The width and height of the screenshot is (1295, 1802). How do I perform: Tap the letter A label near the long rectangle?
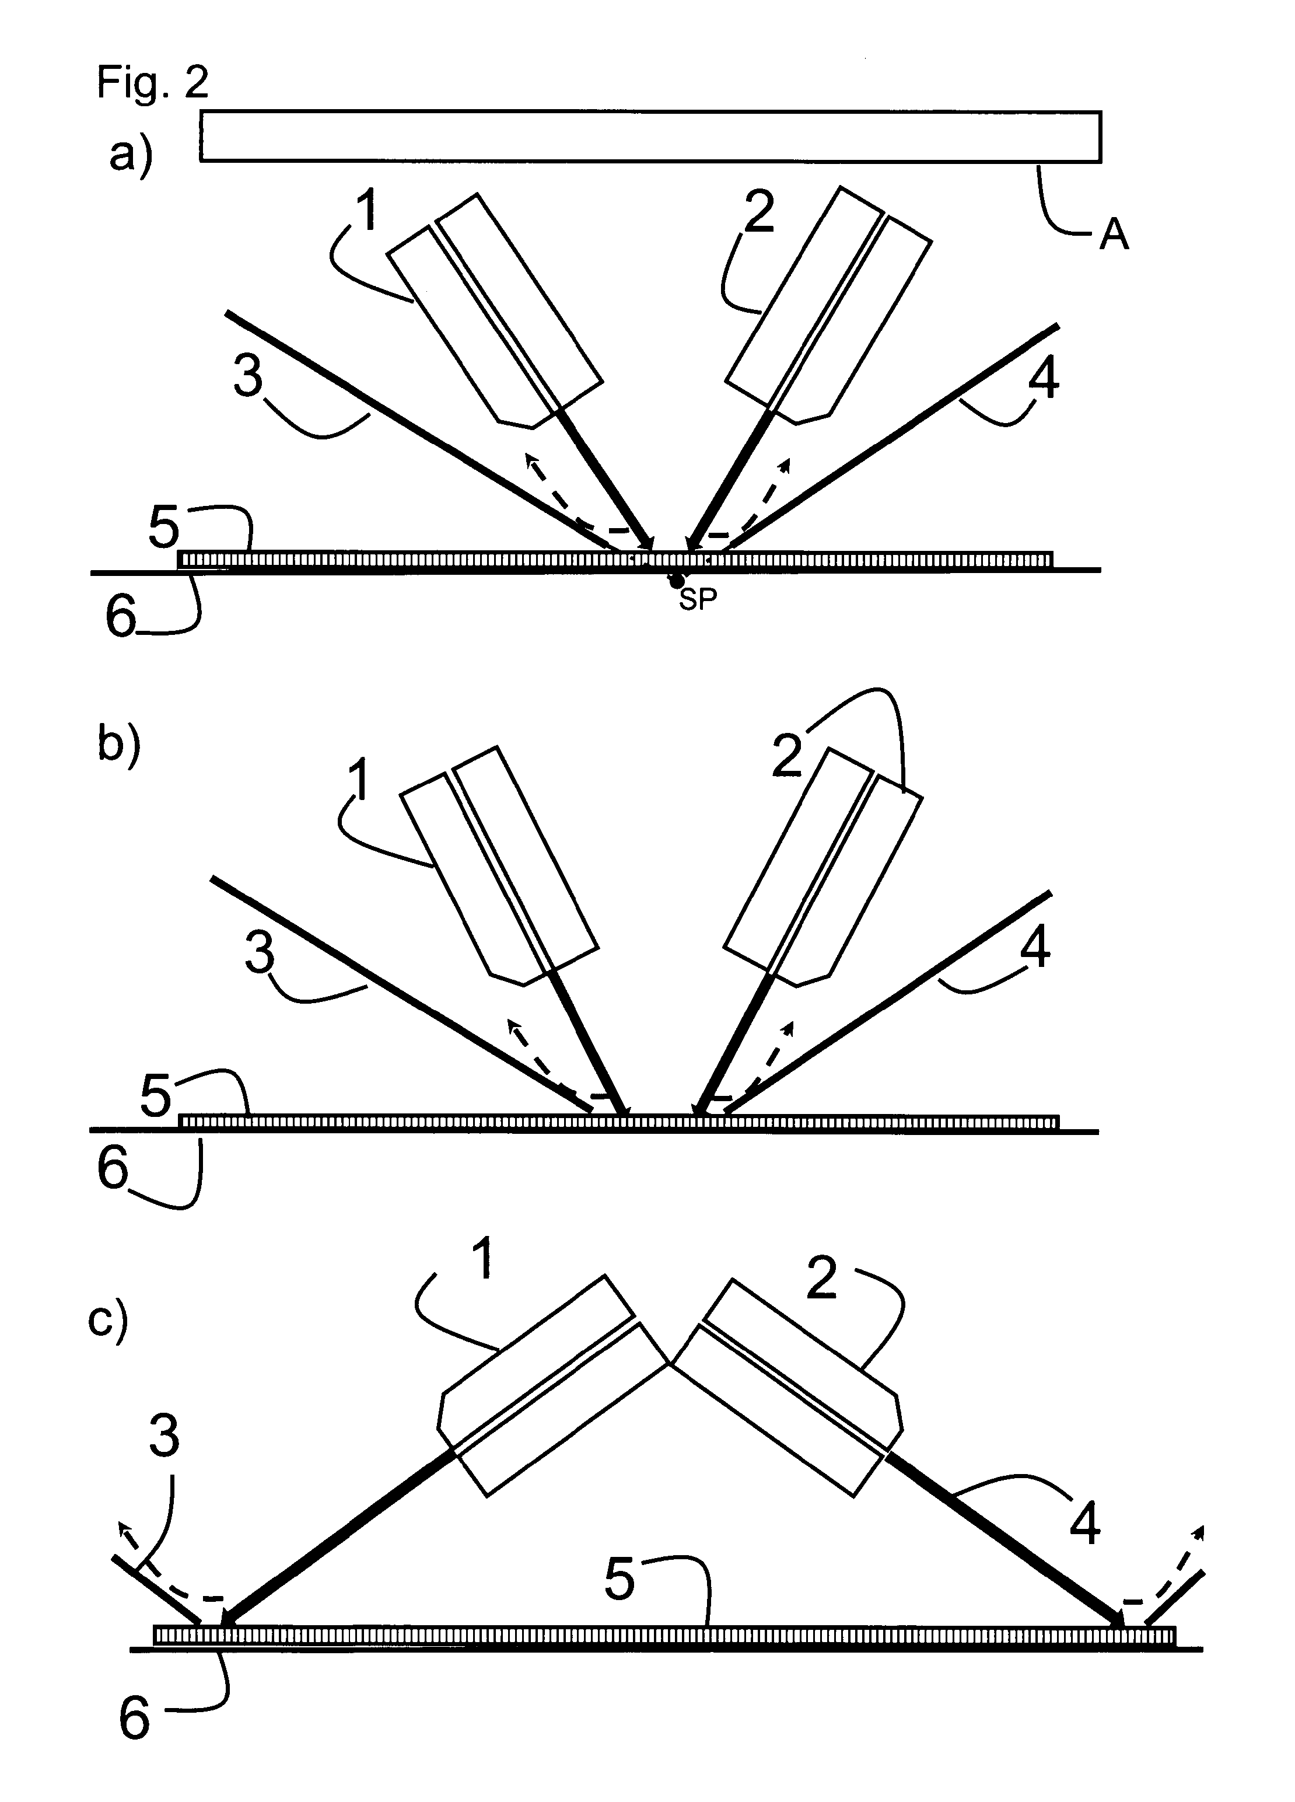[1114, 235]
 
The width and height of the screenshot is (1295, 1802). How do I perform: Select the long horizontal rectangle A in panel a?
[650, 137]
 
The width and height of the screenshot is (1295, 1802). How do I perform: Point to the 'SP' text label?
[698, 600]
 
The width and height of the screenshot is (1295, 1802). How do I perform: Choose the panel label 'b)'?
[119, 745]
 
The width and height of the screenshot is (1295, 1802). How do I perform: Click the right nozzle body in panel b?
[823, 867]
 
